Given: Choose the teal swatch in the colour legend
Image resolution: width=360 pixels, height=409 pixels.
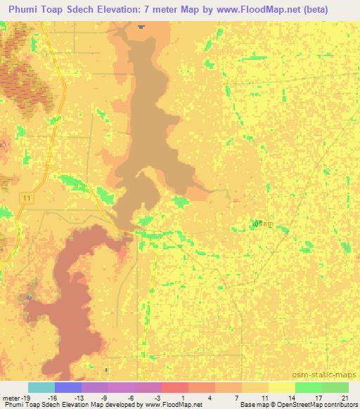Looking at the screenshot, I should click(41, 387).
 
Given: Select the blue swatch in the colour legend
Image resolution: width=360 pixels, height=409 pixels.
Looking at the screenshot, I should click(67, 387).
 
